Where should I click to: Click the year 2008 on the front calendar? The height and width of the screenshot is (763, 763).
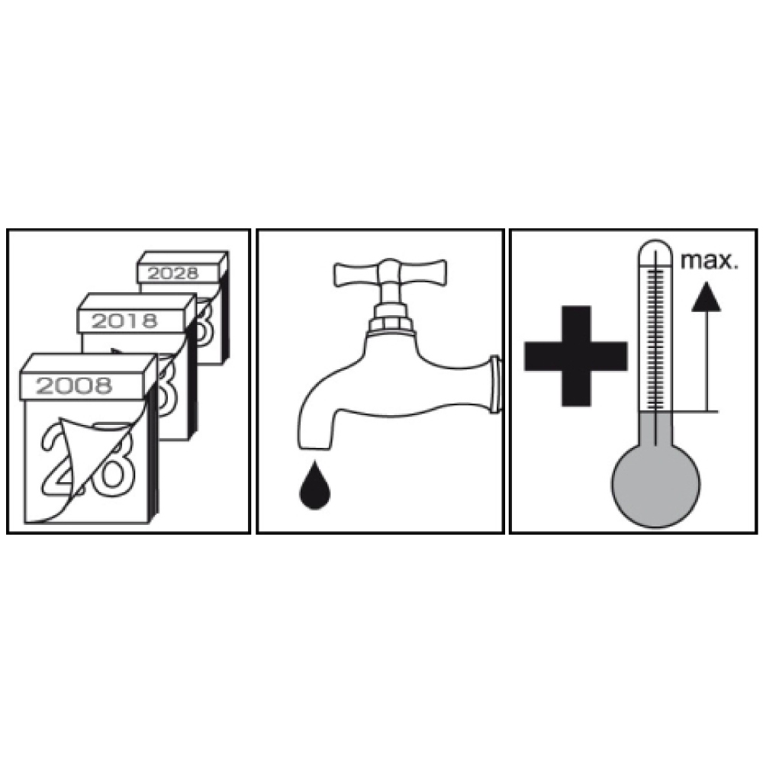(x=74, y=386)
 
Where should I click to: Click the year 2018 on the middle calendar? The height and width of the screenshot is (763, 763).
(x=124, y=320)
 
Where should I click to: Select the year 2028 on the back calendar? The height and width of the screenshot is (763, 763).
(x=172, y=273)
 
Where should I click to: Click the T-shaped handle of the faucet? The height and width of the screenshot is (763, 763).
(x=389, y=273)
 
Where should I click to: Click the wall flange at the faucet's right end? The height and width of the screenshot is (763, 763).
(x=494, y=385)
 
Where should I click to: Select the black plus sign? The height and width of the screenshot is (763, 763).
(x=575, y=356)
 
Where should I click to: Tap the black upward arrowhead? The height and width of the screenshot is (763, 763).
(x=706, y=298)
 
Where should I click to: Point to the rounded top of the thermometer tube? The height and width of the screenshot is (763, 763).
(x=656, y=246)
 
